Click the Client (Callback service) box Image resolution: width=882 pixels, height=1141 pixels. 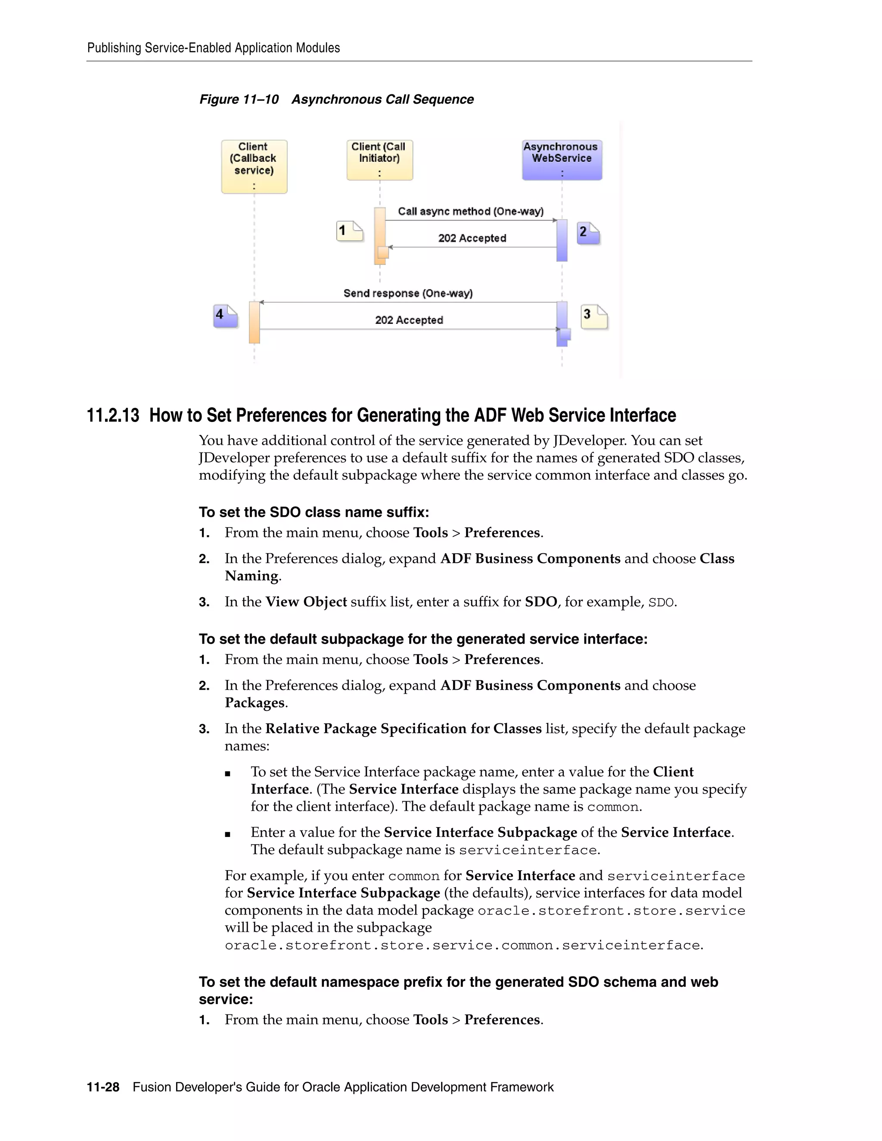click(x=254, y=166)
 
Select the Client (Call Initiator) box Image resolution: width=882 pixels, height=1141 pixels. click(x=379, y=159)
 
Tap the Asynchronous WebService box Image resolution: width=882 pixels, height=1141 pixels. click(x=562, y=159)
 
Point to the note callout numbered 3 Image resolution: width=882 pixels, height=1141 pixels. click(x=594, y=316)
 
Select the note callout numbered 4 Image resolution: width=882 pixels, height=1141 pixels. click(x=226, y=316)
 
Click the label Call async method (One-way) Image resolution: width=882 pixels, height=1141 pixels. click(x=470, y=211)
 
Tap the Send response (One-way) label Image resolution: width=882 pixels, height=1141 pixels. click(x=407, y=293)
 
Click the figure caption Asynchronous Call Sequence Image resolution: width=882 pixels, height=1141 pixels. click(x=382, y=99)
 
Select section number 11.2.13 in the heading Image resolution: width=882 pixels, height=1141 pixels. click(x=113, y=415)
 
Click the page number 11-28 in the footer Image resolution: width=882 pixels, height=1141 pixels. click(x=103, y=1087)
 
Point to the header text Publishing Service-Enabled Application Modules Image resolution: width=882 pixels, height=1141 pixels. click(x=213, y=48)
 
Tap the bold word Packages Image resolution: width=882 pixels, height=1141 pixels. click(x=255, y=703)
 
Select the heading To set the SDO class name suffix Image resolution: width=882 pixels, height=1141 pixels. click(x=314, y=512)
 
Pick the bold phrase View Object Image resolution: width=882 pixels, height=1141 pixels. click(x=306, y=602)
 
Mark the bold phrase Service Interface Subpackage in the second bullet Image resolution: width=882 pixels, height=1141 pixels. click(x=480, y=832)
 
